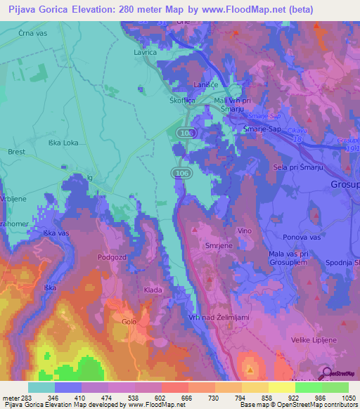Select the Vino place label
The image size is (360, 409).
click(245, 231)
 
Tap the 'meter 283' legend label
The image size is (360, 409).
click(15, 398)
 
